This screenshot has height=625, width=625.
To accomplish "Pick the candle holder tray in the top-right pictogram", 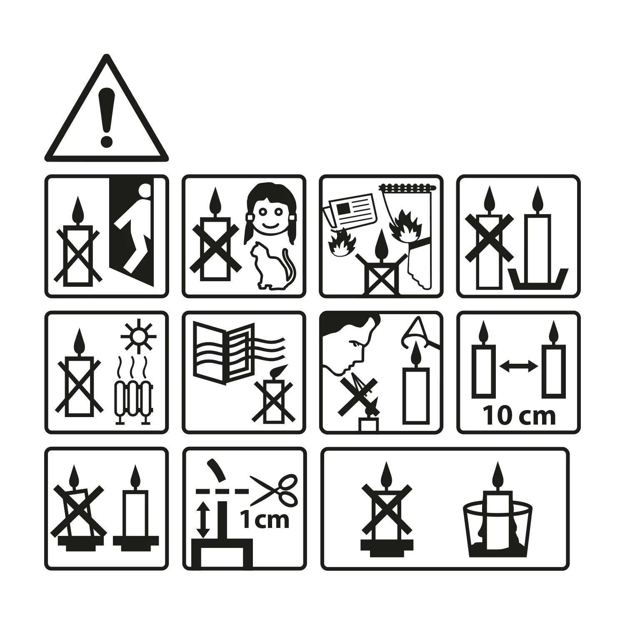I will tap(537, 277).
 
